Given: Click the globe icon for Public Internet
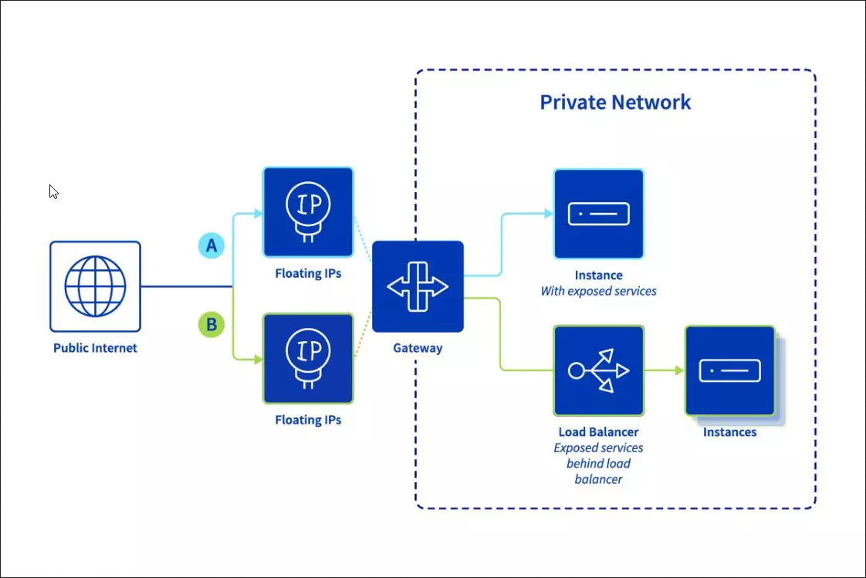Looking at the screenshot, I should pyautogui.click(x=95, y=286).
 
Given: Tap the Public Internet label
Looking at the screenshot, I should pyautogui.click(x=95, y=348).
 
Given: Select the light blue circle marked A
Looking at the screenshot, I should pyautogui.click(x=211, y=246).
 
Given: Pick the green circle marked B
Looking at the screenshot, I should pyautogui.click(x=211, y=324).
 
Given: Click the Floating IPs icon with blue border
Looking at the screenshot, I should pyautogui.click(x=308, y=212).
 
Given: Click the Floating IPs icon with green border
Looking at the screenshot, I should pyautogui.click(x=308, y=358).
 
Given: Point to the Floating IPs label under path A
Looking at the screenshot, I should pyautogui.click(x=308, y=274).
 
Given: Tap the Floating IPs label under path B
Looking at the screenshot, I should pyautogui.click(x=308, y=421).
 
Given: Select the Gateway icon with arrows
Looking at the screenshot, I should pyautogui.click(x=418, y=286).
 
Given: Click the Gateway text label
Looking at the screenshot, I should pyautogui.click(x=418, y=348).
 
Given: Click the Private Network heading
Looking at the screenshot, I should pyautogui.click(x=615, y=103).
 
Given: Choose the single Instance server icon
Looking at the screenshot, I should pyautogui.click(x=598, y=214).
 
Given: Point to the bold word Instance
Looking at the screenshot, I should pyautogui.click(x=598, y=275).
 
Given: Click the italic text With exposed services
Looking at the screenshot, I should pyautogui.click(x=598, y=292).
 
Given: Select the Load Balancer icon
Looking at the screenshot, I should pyautogui.click(x=598, y=370).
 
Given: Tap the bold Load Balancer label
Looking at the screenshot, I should pyautogui.click(x=598, y=432).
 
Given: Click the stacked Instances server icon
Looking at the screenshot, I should pyautogui.click(x=730, y=371).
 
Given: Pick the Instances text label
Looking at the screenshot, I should pyautogui.click(x=729, y=432).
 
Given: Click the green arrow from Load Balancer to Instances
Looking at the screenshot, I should pyautogui.click(x=664, y=370).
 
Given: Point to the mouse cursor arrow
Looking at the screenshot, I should pyautogui.click(x=53, y=191).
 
